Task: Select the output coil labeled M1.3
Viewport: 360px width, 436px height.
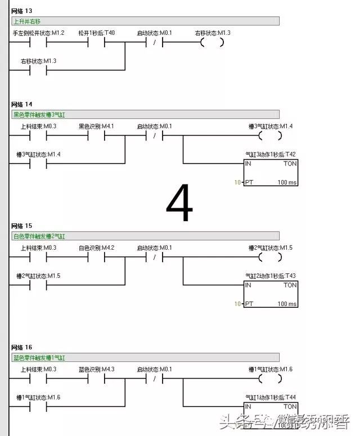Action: pyautogui.click(x=212, y=42)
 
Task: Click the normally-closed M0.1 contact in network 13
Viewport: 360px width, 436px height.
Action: pyautogui.click(x=154, y=42)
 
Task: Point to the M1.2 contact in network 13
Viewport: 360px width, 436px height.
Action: pyautogui.click(x=38, y=42)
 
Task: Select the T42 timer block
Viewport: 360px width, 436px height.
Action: pyautogui.click(x=271, y=173)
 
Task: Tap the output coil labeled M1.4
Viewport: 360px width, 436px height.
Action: pyautogui.click(x=270, y=136)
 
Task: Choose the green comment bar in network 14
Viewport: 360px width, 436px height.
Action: pyautogui.click(x=145, y=114)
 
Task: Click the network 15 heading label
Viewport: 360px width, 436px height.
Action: pyautogui.click(x=22, y=226)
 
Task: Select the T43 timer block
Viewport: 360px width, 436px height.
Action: pyautogui.click(x=271, y=294)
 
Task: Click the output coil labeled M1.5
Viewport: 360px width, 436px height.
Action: pyautogui.click(x=270, y=257)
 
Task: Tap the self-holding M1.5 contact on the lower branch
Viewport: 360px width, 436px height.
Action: pyautogui.click(x=38, y=285)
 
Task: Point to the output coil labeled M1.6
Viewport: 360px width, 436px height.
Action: pyautogui.click(x=270, y=379)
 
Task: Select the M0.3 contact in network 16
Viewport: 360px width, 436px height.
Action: pyautogui.click(x=38, y=379)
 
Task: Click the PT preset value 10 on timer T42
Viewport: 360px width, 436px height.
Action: pyautogui.click(x=237, y=182)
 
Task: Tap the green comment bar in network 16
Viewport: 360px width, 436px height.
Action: pyautogui.click(x=145, y=357)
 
